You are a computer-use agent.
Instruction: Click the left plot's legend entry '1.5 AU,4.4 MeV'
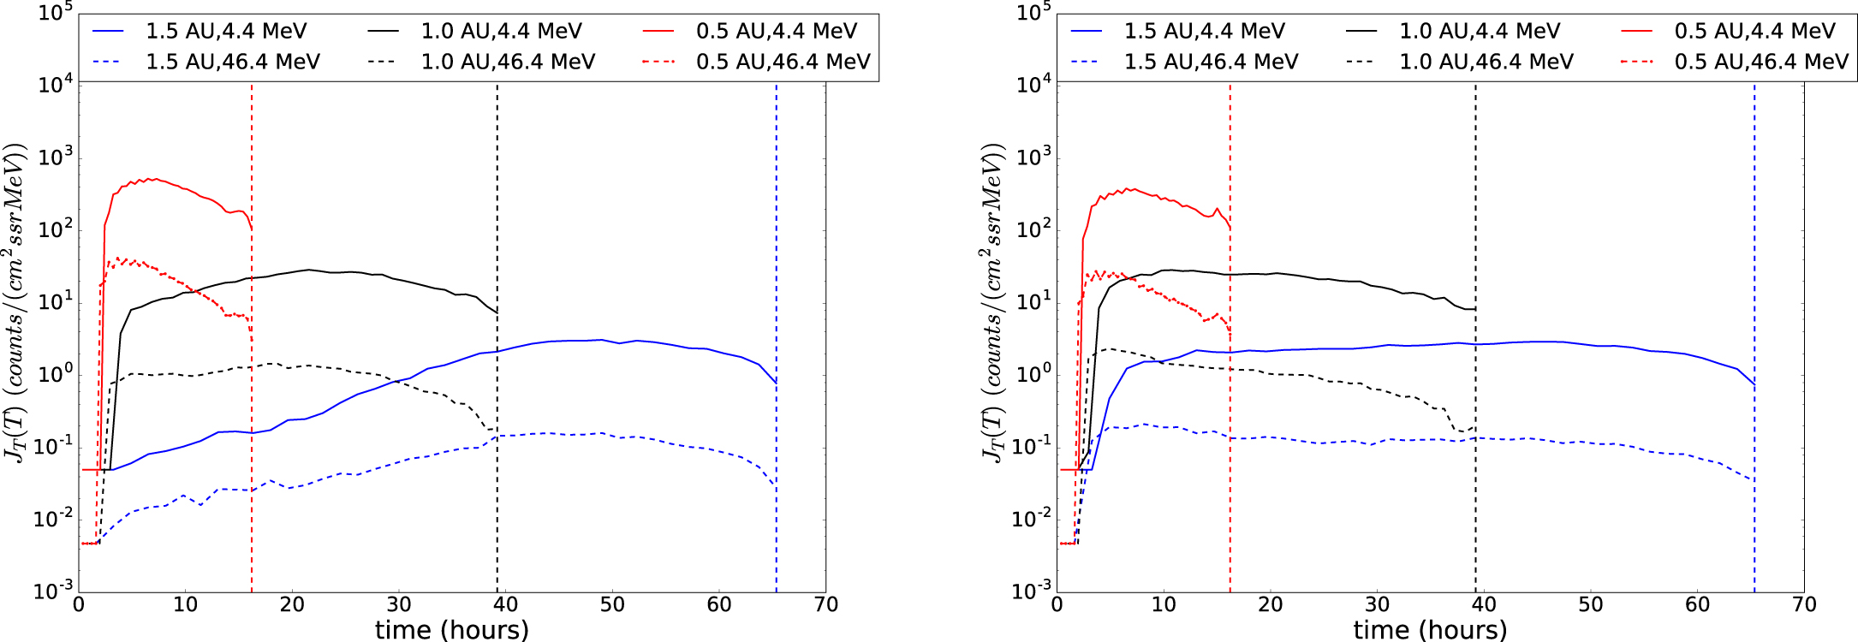(226, 32)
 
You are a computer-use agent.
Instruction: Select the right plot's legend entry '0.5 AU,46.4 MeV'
(1761, 62)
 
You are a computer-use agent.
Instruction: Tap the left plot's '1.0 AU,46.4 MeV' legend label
(508, 62)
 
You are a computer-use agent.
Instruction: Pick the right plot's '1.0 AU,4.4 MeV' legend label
(1479, 32)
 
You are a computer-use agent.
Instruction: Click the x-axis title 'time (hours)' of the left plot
(452, 629)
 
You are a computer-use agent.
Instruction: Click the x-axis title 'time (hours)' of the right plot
(1430, 629)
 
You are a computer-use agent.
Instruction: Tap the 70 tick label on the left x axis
(825, 605)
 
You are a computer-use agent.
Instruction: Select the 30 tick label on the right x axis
(1377, 605)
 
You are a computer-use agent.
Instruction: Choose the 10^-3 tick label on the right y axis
(1033, 591)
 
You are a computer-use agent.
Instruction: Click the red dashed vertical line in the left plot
(252, 428)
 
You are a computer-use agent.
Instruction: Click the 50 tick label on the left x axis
(612, 605)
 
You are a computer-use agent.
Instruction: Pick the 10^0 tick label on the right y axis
(1034, 373)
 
